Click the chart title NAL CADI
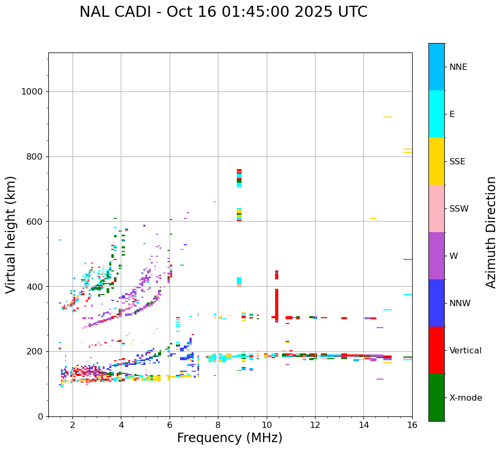click(223, 12)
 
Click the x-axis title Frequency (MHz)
click(229, 438)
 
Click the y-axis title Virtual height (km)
click(11, 235)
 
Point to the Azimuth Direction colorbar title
click(491, 232)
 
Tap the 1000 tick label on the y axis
click(32, 92)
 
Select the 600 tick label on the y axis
click(34, 222)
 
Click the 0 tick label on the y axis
click(40, 416)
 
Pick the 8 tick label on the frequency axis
click(218, 425)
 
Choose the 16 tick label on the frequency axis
click(412, 425)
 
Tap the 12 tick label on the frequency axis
click(315, 425)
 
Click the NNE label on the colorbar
click(458, 67)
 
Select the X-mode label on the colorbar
click(466, 398)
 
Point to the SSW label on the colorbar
click(459, 209)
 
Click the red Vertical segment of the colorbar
click(436, 350)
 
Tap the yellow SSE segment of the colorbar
click(436, 161)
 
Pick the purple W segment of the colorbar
click(436, 256)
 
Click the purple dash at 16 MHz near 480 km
click(407, 259)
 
